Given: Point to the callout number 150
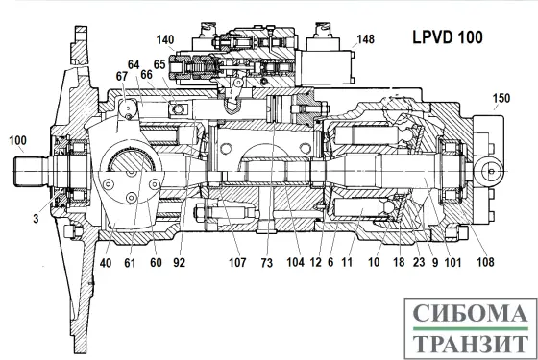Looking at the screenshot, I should (x=501, y=99).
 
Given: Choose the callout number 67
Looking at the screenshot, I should (x=121, y=76).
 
